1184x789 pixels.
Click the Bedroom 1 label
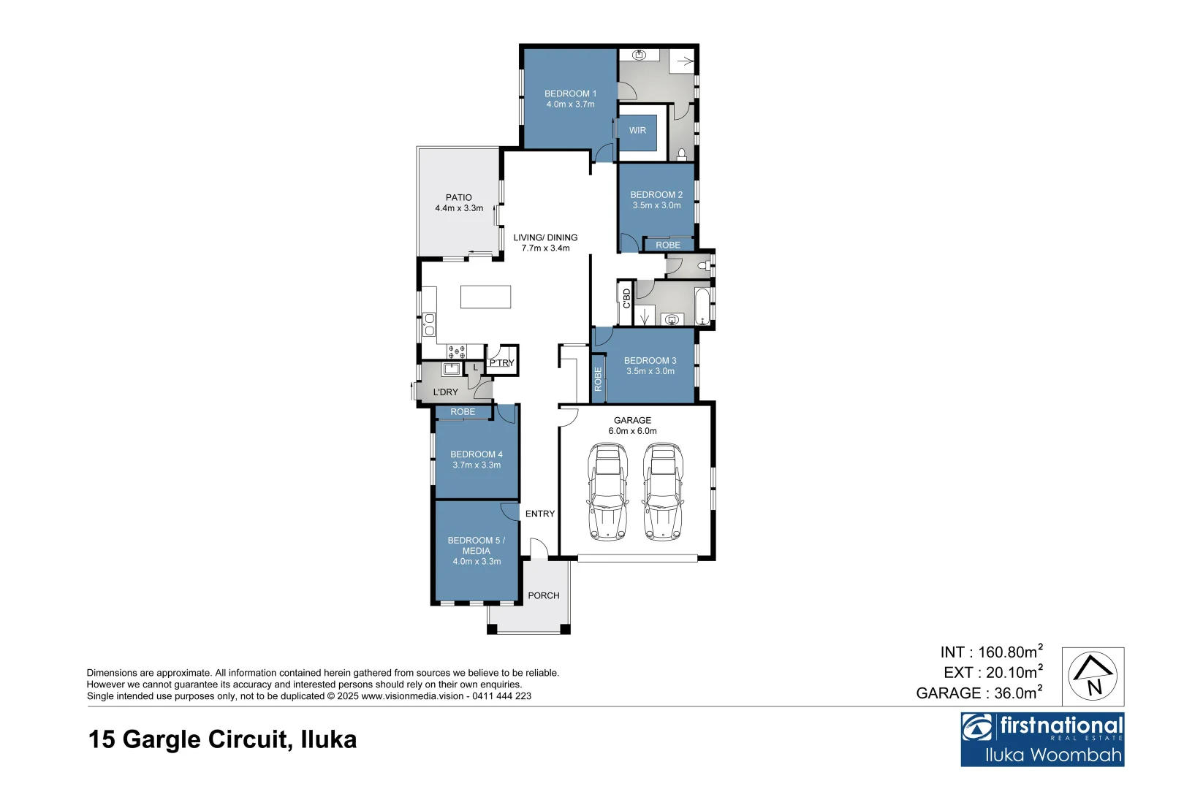(570, 99)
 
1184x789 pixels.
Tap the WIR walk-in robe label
(637, 131)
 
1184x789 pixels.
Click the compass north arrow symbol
(1093, 676)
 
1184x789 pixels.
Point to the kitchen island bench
(485, 297)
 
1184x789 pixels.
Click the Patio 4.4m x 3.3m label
(459, 203)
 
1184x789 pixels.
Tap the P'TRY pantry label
(502, 363)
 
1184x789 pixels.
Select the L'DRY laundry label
(445, 392)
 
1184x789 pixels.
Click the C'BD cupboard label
(626, 299)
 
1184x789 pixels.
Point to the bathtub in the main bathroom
(702, 306)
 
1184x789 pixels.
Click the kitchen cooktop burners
(457, 351)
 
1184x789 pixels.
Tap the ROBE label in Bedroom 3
(598, 379)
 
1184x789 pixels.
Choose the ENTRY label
(540, 514)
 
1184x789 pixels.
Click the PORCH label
(544, 596)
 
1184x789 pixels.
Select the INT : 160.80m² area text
(991, 652)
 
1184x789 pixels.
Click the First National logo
(1042, 739)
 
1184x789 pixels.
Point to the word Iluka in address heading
(329, 739)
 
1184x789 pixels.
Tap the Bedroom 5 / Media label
(477, 551)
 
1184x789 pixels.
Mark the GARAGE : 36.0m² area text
(979, 693)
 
